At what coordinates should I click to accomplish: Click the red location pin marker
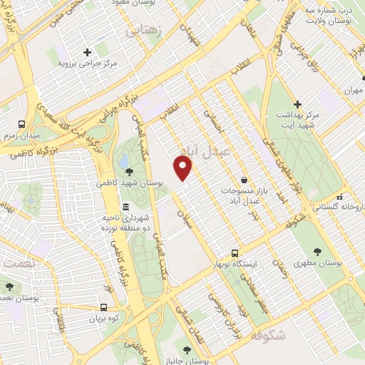184,168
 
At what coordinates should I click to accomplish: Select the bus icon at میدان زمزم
22,123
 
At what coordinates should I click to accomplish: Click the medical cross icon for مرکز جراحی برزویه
87,52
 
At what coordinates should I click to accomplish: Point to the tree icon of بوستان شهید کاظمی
128,171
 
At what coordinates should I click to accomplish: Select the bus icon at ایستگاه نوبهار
235,252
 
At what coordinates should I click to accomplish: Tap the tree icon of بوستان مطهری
317,252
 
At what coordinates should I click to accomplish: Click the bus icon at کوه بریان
104,307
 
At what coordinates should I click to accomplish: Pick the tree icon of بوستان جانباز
187,350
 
